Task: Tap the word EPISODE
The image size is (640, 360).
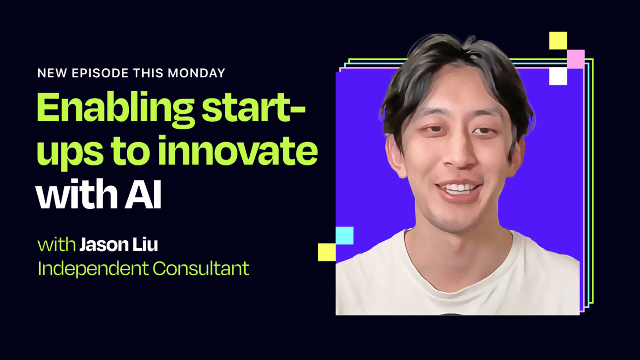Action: (100, 73)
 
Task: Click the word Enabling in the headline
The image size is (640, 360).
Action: (115, 110)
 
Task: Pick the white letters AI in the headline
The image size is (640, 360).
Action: (143, 195)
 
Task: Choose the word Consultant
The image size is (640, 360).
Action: (201, 268)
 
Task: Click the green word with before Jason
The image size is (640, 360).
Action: (56, 245)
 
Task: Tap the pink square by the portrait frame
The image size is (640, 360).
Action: (576, 59)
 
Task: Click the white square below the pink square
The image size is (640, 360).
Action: (558, 76)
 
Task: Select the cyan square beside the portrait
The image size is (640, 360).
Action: (345, 235)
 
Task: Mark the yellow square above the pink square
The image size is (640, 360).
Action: (558, 41)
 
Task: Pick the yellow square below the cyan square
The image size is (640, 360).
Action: (327, 252)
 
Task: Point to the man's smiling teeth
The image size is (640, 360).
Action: (459, 189)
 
